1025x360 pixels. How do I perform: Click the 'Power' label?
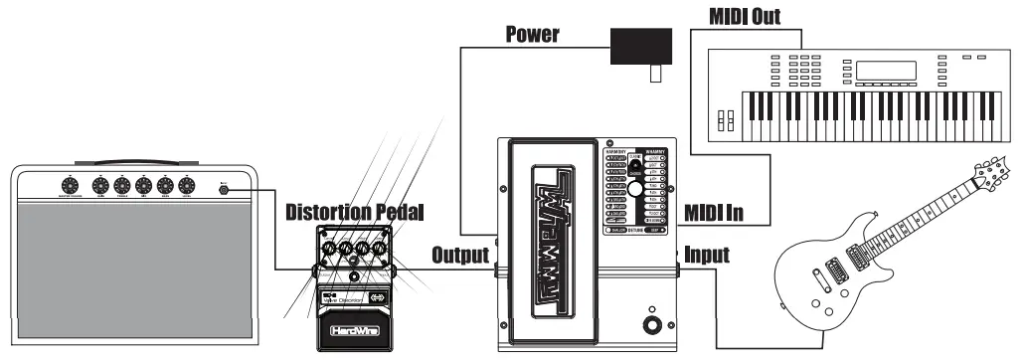(532, 36)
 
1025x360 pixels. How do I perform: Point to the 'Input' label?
(705, 255)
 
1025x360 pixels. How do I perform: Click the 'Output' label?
(460, 255)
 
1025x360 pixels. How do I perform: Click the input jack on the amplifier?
(225, 186)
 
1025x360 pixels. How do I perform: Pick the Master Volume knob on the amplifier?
(69, 186)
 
